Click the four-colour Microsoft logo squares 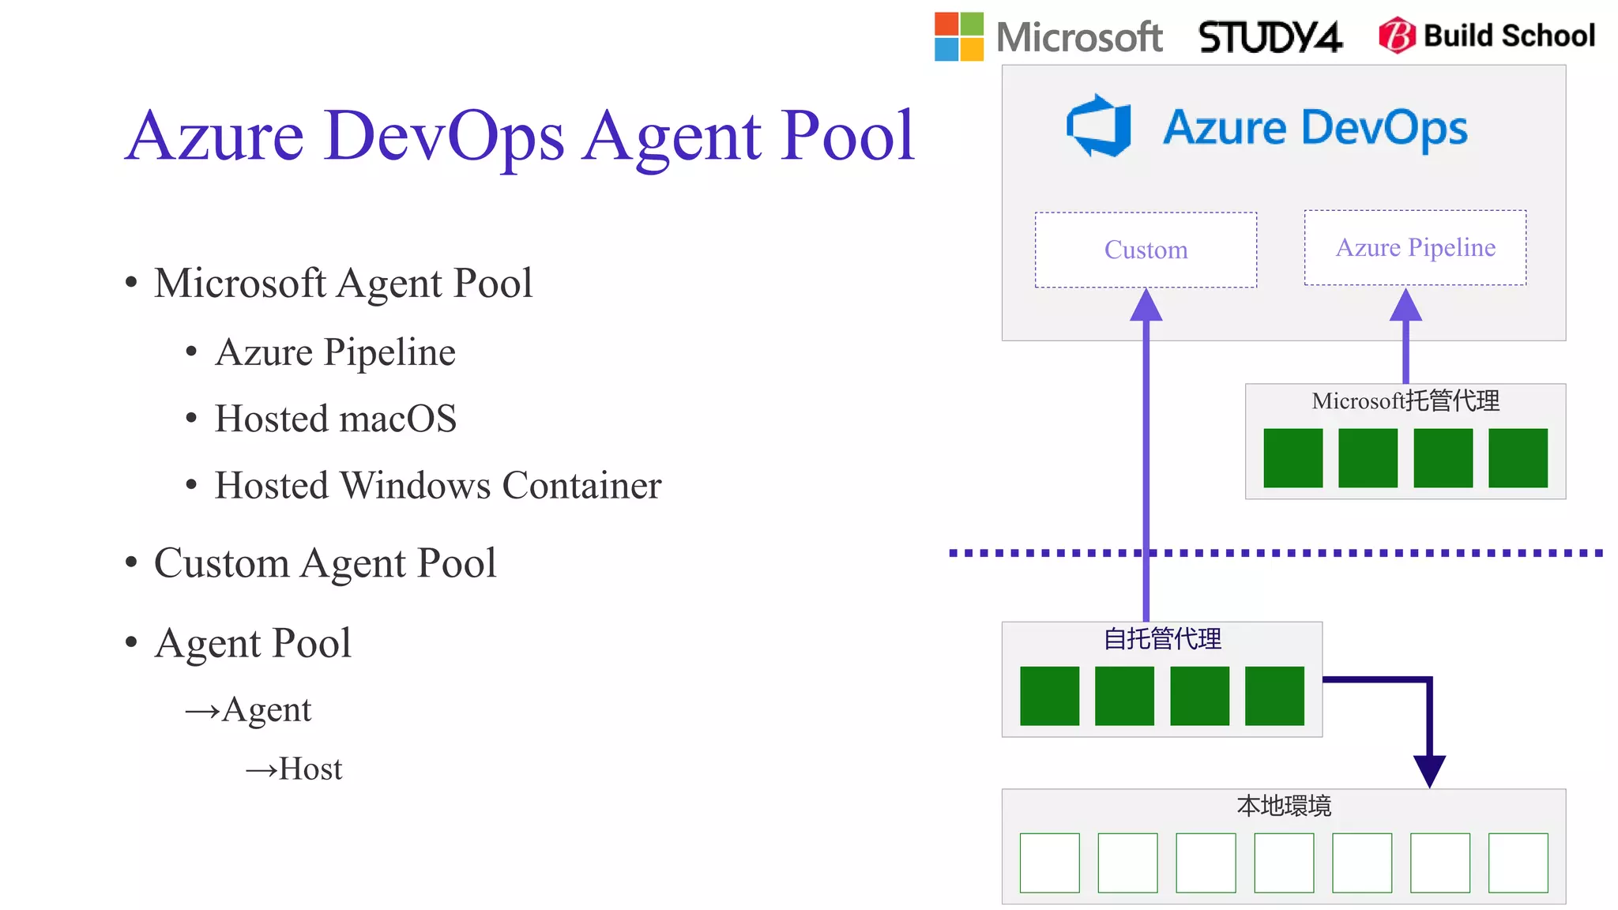(x=958, y=36)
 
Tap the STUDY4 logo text (x=1270, y=37)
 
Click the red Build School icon (x=1397, y=36)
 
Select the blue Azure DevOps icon (x=1099, y=126)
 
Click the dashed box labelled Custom (x=1146, y=250)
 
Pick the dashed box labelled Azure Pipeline (x=1415, y=247)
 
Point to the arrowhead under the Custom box (x=1146, y=306)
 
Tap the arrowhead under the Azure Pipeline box (x=1405, y=306)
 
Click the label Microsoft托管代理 (x=1405, y=400)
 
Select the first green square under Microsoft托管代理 (x=1293, y=458)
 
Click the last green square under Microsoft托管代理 (x=1518, y=458)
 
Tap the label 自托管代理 (x=1162, y=638)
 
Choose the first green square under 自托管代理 (x=1049, y=696)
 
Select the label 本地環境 (x=1284, y=806)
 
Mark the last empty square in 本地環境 (x=1518, y=863)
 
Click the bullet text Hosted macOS (x=336, y=419)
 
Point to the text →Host (x=294, y=769)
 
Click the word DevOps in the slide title (x=443, y=136)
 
